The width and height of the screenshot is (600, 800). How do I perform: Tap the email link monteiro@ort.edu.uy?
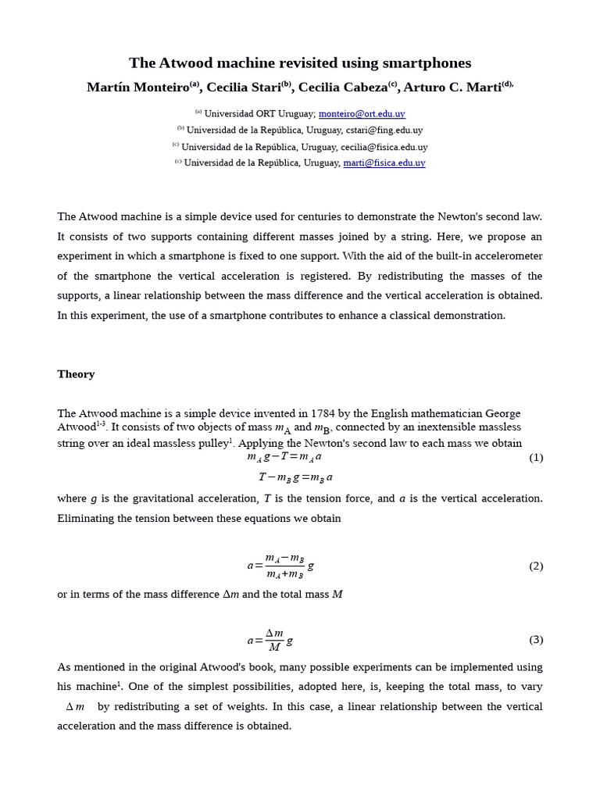[362, 114]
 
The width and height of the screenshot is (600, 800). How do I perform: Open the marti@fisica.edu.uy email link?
[384, 163]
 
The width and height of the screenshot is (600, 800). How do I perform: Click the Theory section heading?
[76, 374]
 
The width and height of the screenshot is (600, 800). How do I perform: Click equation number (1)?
[536, 458]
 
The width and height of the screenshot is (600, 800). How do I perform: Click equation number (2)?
[536, 566]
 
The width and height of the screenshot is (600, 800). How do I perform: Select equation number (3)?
[536, 640]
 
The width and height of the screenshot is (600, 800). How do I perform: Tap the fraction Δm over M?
[274, 640]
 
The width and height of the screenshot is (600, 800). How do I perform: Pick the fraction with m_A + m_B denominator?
[284, 566]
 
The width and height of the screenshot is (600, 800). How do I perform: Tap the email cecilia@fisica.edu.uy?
[384, 147]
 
